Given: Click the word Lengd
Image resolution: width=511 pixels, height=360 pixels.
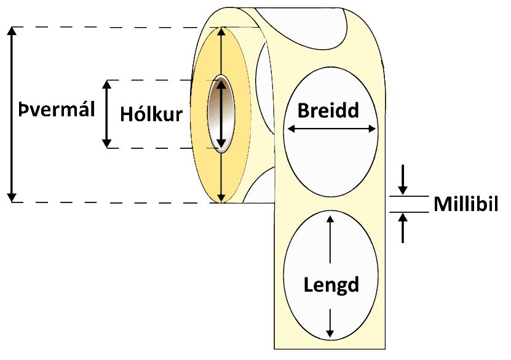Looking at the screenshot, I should point(331,285).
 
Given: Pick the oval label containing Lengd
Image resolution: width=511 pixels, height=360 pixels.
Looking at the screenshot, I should point(331,258).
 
